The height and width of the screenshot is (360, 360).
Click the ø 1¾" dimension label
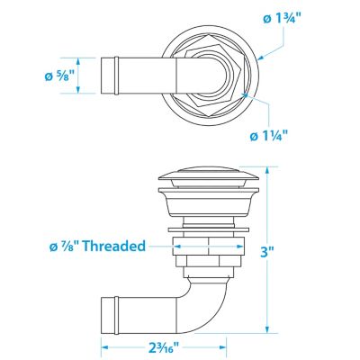(282, 20)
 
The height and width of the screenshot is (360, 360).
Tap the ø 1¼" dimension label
(268, 136)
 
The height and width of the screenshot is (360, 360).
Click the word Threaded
(114, 246)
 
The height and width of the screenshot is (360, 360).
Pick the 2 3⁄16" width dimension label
(164, 347)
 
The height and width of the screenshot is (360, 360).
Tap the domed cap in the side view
(209, 175)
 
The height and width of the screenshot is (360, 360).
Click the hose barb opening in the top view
(108, 76)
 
